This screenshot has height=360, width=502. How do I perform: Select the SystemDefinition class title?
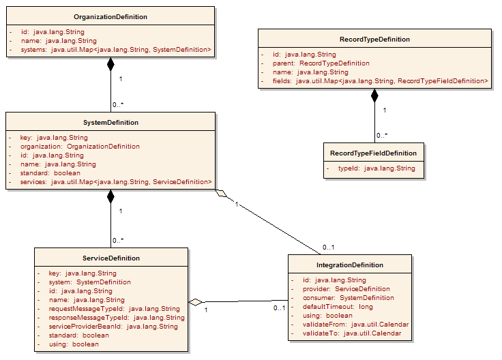[110, 123]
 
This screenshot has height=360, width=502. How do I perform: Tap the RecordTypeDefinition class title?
[374, 40]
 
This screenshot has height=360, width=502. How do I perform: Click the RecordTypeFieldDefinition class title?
[373, 153]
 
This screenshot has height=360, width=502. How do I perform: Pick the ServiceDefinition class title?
[111, 258]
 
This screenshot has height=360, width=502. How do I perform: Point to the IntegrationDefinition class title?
[349, 265]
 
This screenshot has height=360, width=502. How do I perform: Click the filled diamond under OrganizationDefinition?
[110, 65]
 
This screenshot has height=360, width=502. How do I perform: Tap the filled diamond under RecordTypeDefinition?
[374, 96]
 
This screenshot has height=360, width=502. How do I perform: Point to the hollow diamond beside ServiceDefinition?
[196, 301]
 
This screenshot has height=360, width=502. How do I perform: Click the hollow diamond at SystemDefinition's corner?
[219, 194]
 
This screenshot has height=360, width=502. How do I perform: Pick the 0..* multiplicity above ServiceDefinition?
[118, 240]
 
